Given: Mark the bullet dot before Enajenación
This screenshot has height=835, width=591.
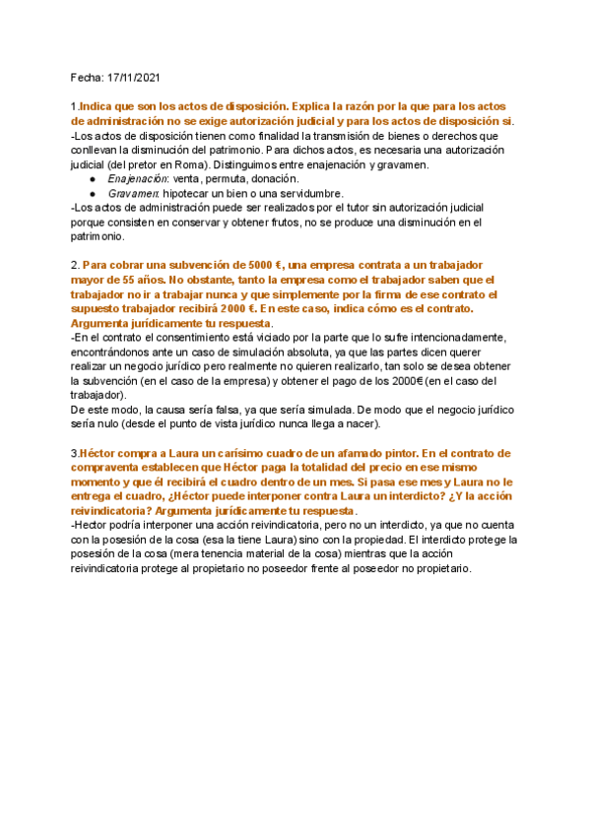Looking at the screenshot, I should point(92,180).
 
